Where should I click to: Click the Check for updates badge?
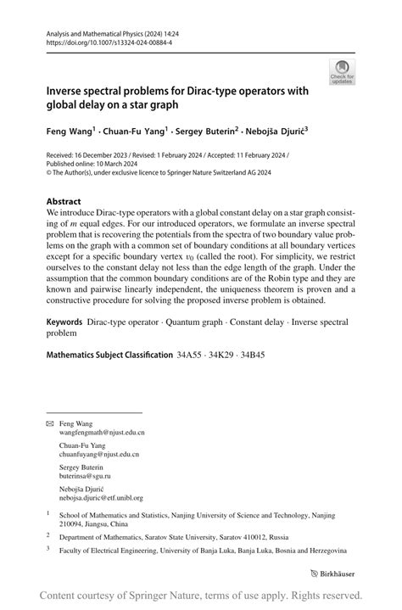coord(342,71)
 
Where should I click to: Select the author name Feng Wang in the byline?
coord(69,132)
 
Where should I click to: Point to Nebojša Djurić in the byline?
coord(275,132)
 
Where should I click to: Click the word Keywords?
coord(64,323)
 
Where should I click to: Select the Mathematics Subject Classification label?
coord(109,354)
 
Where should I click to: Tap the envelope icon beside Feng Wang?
coord(49,423)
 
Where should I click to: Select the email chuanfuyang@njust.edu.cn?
coord(99,455)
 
